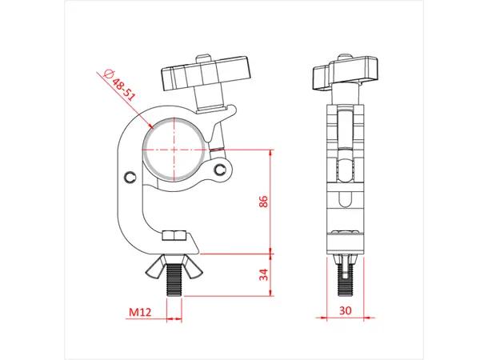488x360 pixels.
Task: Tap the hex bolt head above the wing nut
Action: point(174,236)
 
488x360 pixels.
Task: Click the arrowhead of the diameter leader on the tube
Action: point(152,126)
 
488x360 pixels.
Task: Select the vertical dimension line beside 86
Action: point(273,200)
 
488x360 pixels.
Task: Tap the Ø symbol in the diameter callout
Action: point(109,73)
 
